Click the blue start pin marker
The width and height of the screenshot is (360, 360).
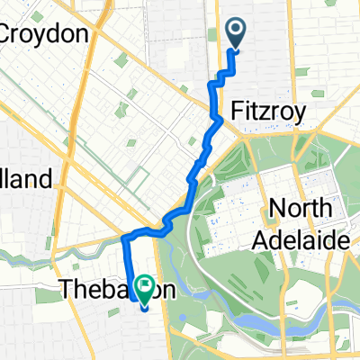click(x=235, y=34)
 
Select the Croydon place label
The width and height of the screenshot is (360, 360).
click(x=47, y=34)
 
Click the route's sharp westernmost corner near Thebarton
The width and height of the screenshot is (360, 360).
click(x=123, y=238)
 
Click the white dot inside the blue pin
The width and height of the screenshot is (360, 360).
click(x=235, y=30)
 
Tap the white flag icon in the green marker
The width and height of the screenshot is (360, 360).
click(x=144, y=284)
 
